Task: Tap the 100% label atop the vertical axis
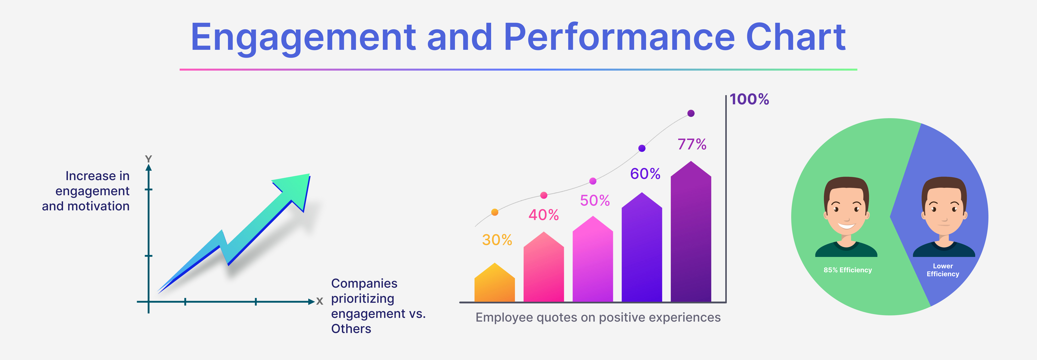[x=749, y=99]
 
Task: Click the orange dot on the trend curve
[x=495, y=212]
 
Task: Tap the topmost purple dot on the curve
[x=691, y=113]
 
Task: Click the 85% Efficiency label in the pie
[x=847, y=270]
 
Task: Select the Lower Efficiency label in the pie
[x=943, y=270]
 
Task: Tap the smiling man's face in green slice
[x=846, y=209]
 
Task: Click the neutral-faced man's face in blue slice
[x=944, y=209]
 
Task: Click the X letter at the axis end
[x=320, y=301]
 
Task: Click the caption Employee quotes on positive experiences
[x=598, y=317]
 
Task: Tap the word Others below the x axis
[x=351, y=329]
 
